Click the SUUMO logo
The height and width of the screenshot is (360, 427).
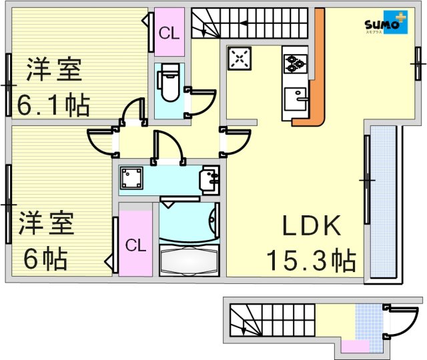point(384,24)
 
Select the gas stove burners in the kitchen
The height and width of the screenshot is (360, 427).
point(294,64)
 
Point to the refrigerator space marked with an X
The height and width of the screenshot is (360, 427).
point(239,59)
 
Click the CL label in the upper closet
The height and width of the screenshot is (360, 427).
point(169,32)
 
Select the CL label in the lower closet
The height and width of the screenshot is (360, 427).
point(135,245)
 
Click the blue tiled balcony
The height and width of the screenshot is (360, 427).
point(384,200)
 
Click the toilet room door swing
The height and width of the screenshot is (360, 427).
point(200,100)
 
